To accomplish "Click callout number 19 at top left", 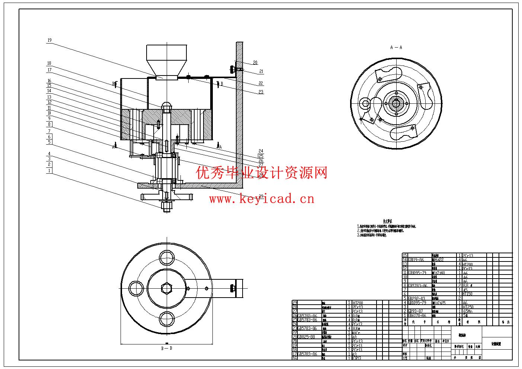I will [49, 40].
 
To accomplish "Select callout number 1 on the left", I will [49, 171].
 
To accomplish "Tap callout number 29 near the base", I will [260, 196].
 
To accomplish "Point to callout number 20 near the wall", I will [255, 62].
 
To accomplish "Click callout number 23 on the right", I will [261, 92].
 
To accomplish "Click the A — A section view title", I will [396, 48].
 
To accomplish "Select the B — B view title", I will [166, 349].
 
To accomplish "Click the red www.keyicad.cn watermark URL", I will [262, 199].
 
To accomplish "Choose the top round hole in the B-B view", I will [166, 257].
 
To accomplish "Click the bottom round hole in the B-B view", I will [166, 318].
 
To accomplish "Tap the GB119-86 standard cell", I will [416, 260].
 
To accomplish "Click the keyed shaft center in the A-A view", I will [397, 102].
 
